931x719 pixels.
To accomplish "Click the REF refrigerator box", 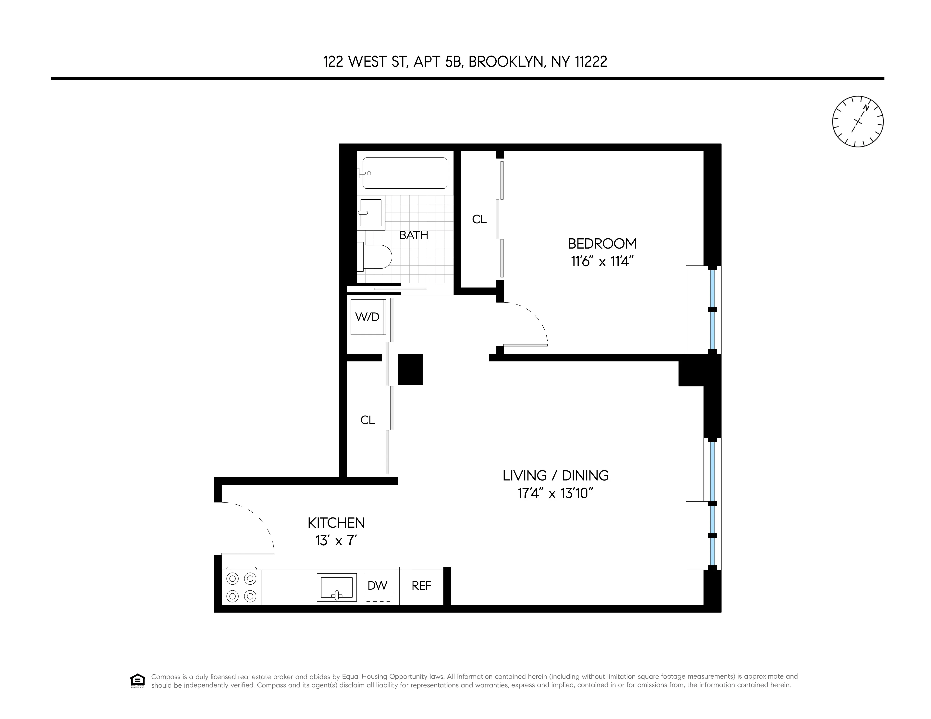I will coord(421,586).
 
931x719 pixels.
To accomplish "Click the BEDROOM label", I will coord(602,244).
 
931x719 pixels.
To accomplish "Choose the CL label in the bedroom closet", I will coord(479,219).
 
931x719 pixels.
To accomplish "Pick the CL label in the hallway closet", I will coord(367,420).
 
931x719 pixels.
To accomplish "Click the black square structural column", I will coord(410,369).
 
